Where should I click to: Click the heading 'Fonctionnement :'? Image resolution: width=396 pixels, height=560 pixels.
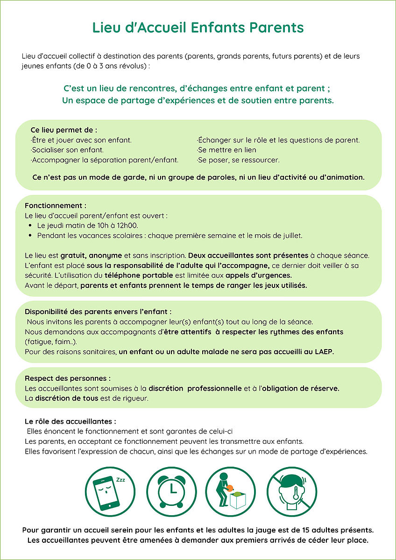click(56, 205)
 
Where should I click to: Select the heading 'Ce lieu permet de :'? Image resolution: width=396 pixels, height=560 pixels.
click(64, 130)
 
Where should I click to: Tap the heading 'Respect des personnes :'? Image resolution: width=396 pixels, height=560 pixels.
click(68, 378)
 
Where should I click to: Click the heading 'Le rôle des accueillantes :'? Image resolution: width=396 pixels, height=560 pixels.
click(71, 421)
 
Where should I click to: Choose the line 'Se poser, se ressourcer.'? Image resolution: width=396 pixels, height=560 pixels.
click(238, 160)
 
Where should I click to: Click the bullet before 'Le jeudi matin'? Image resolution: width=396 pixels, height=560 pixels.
click(30, 225)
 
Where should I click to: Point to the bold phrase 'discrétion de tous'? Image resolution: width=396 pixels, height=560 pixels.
click(66, 398)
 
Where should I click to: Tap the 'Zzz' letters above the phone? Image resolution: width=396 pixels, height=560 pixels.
click(120, 480)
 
